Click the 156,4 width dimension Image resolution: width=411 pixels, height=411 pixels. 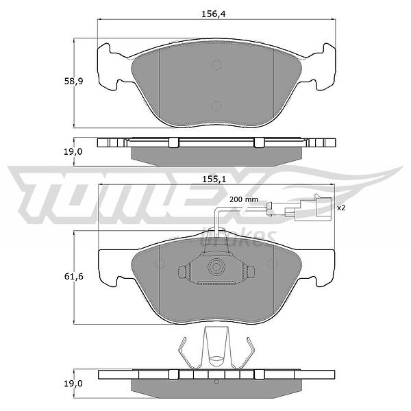[x=213, y=14]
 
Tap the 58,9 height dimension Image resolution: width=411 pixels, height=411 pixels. [x=74, y=82]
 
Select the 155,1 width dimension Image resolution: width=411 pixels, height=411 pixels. [x=214, y=179]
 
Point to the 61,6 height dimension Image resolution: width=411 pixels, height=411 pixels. [x=74, y=276]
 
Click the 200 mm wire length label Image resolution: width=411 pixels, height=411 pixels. [x=244, y=200]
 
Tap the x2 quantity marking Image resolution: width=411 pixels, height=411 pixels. [x=341, y=208]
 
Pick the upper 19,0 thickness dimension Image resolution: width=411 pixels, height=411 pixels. [x=73, y=151]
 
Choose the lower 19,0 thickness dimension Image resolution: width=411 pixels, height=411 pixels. [x=73, y=384]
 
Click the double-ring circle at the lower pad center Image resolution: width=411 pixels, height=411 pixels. [x=216, y=267]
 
